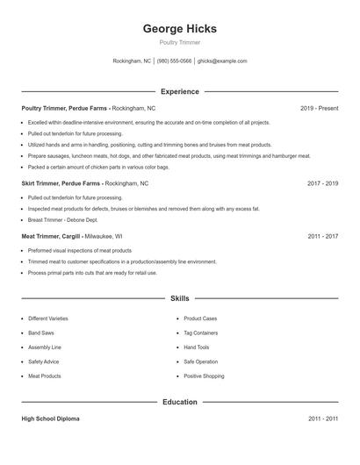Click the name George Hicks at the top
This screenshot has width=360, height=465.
point(179,29)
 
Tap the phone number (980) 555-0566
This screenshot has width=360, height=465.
point(175,61)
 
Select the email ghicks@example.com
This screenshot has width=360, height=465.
point(222,61)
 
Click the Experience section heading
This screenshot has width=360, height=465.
point(179,91)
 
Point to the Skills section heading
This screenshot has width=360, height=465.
point(179,299)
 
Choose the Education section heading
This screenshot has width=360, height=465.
point(179,402)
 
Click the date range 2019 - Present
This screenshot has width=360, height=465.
point(319,108)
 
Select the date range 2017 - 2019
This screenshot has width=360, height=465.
point(322,183)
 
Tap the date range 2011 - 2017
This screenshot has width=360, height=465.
point(322,236)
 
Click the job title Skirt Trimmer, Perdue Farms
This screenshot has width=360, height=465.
point(61,183)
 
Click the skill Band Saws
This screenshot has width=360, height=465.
point(42,333)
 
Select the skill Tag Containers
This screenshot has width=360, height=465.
point(200,333)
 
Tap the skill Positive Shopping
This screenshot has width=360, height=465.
point(204,376)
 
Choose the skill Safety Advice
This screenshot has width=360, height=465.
point(44,361)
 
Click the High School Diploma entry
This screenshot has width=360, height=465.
point(50,419)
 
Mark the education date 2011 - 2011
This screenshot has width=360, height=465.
point(322,419)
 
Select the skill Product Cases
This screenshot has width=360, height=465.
point(200,318)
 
